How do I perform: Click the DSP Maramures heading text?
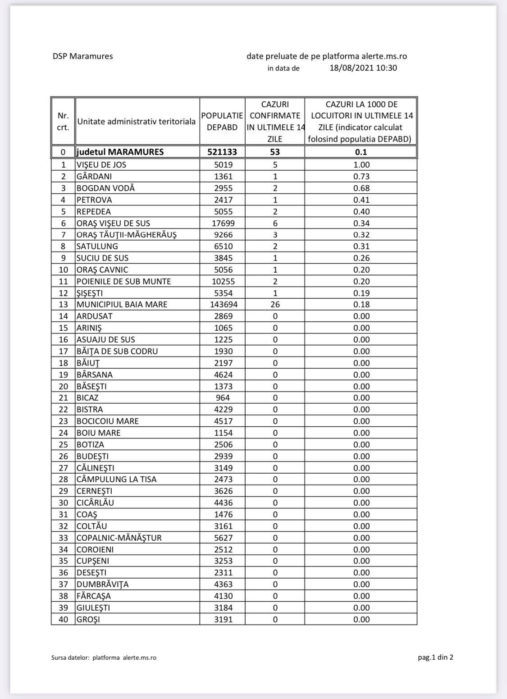pyautogui.click(x=82, y=56)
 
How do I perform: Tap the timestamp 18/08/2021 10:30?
pyautogui.click(x=363, y=68)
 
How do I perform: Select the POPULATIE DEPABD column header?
pyautogui.click(x=222, y=122)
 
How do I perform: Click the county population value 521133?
pyautogui.click(x=222, y=152)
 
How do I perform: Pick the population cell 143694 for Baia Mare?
pyautogui.click(x=224, y=305)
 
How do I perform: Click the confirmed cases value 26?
pyautogui.click(x=275, y=305)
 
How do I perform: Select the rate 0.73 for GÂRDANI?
pyautogui.click(x=361, y=176)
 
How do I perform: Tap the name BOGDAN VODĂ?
pyautogui.click(x=105, y=188)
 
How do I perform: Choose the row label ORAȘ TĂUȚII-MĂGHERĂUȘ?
pyautogui.click(x=126, y=235)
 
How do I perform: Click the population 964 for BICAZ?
pyautogui.click(x=223, y=398)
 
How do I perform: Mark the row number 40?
pyautogui.click(x=64, y=619)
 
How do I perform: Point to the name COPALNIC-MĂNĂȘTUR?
pyautogui.click(x=119, y=538)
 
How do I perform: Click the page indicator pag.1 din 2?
pyautogui.click(x=435, y=657)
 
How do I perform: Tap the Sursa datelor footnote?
pyautogui.click(x=104, y=658)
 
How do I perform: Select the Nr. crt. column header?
pyautogui.click(x=63, y=122)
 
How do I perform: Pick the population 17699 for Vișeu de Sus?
pyautogui.click(x=223, y=223)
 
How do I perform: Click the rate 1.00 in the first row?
pyautogui.click(x=361, y=164)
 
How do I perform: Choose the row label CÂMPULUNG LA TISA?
pyautogui.click(x=116, y=480)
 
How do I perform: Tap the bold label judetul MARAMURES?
pyautogui.click(x=120, y=152)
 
